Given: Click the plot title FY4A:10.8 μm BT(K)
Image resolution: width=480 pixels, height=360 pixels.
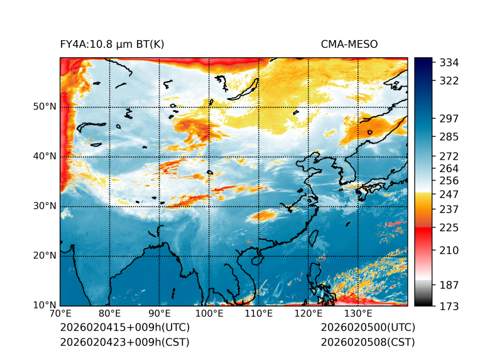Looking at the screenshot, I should click(x=112, y=44).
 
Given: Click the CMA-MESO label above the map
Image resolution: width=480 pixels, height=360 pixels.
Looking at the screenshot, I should click(x=349, y=44).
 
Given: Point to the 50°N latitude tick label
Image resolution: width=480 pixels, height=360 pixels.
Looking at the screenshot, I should click(x=45, y=107).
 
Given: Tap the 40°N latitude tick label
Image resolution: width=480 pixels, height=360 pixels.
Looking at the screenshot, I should click(x=45, y=156).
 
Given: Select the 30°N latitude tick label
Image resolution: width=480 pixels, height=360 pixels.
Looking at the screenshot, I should click(x=45, y=206).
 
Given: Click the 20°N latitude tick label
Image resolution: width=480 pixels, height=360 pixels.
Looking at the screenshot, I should click(x=45, y=256).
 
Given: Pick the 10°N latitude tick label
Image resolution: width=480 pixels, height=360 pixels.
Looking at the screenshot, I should click(x=45, y=306).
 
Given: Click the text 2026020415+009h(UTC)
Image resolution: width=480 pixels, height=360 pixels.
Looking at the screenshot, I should click(x=124, y=327).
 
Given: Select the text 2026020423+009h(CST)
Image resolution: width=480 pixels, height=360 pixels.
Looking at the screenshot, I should click(x=124, y=342).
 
